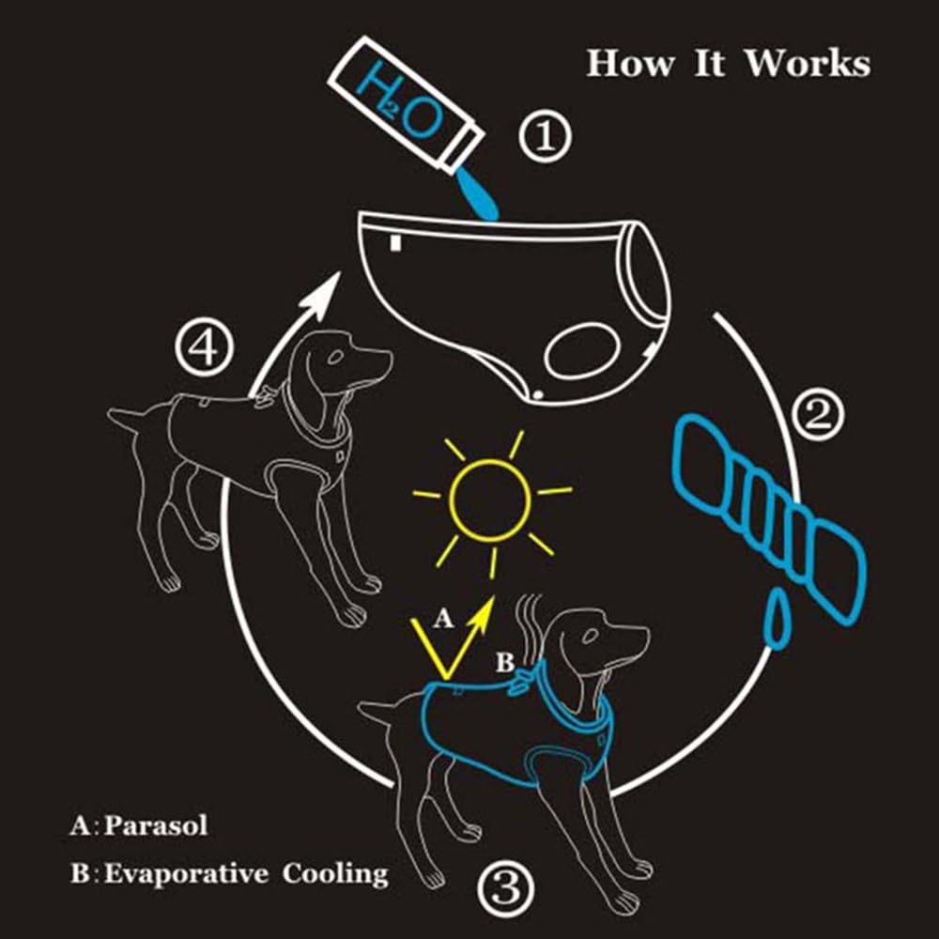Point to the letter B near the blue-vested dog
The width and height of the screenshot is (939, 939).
click(x=504, y=663)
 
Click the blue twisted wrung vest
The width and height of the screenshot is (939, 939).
click(x=770, y=516)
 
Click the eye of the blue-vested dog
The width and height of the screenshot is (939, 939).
click(x=589, y=637)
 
